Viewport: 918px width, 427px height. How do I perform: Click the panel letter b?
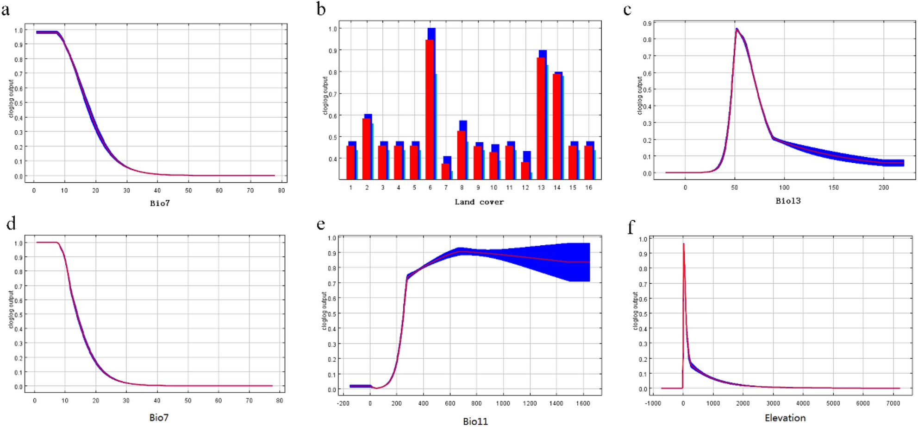[x=321, y=9]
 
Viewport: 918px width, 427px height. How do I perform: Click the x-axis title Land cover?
[x=479, y=202]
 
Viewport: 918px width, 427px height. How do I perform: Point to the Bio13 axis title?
[x=788, y=201]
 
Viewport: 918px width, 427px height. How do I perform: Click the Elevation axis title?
[x=785, y=418]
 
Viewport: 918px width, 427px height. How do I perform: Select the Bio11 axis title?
[x=475, y=421]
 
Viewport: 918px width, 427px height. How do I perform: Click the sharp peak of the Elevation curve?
[x=684, y=244]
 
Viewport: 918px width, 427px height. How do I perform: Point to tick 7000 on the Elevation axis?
[x=893, y=403]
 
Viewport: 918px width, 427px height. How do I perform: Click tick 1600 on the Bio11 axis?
[x=583, y=403]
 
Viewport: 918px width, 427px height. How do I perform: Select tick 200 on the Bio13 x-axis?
[x=883, y=187]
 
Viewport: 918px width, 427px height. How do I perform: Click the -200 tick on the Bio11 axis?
[x=343, y=403]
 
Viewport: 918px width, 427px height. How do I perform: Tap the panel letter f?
[x=631, y=227]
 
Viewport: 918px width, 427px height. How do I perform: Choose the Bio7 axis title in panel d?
[x=159, y=417]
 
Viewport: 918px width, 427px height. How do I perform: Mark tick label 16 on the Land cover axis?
[x=588, y=187]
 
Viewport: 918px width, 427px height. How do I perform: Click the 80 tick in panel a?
[x=281, y=190]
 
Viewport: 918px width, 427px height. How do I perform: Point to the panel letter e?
[x=320, y=225]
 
